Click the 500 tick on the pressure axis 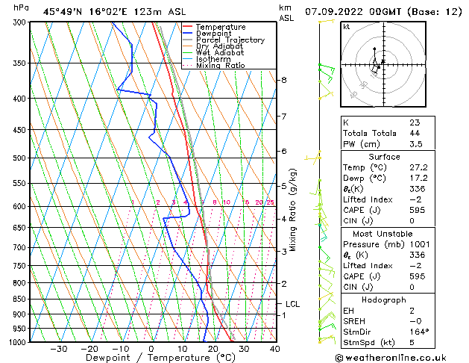pos(18,158)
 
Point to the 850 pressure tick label pos(18,300)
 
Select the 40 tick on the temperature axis pos(275,349)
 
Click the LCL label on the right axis pos(292,304)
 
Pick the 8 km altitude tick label pos(284,80)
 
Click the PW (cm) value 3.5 pos(416,144)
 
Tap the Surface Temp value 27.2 pos(418,167)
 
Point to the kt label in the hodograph pos(347,26)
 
